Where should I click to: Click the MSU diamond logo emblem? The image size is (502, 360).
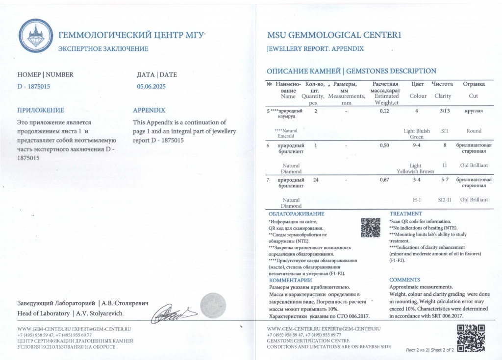(36, 36)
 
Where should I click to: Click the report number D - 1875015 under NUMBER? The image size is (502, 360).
(34, 86)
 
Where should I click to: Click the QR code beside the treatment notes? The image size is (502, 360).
(371, 227)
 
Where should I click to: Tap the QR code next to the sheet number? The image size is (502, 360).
(470, 338)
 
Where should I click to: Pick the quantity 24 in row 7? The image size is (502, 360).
(316, 180)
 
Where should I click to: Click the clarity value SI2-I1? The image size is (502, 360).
(445, 200)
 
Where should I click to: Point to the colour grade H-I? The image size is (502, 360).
(418, 200)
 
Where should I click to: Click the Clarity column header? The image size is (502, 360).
(443, 96)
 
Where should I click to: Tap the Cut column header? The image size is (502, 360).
(473, 96)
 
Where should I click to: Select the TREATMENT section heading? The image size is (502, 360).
(405, 214)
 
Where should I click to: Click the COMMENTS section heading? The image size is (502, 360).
(404, 280)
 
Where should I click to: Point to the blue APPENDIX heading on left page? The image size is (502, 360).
(149, 110)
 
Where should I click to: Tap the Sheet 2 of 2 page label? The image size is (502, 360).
(443, 350)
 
